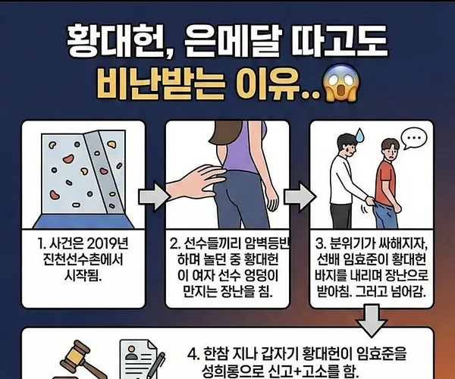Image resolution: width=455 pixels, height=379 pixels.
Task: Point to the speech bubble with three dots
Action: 415,139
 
